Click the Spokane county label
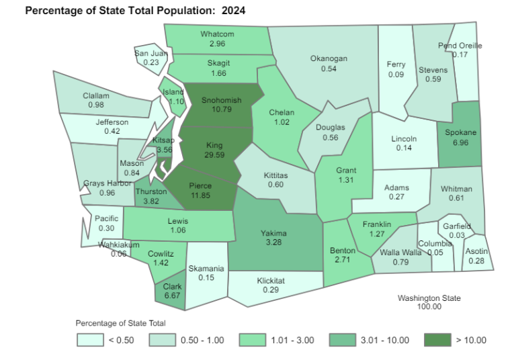point(461,132)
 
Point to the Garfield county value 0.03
point(458,234)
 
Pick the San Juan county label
point(150,53)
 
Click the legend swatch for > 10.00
point(437,341)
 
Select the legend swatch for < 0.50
point(89,341)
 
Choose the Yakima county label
point(273,233)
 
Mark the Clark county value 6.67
point(173,295)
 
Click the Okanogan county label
point(329,58)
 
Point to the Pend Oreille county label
point(460,46)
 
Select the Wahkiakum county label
point(118,244)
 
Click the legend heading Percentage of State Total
point(120,323)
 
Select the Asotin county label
point(476,251)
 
